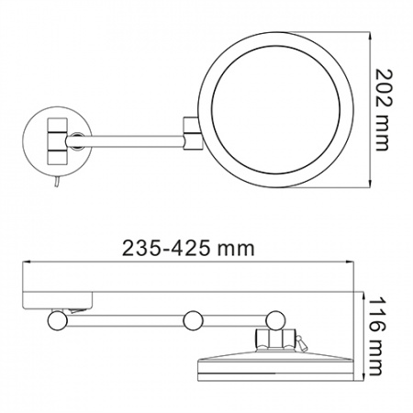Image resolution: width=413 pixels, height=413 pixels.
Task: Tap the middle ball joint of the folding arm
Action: pos(193,320)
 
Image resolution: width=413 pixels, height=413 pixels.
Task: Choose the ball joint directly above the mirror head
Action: pos(274,318)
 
